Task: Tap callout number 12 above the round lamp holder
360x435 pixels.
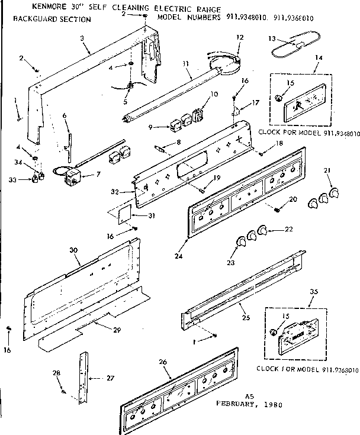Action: [x=239, y=37]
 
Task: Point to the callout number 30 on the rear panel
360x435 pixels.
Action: [x=74, y=250]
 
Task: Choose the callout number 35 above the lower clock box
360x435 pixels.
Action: [x=313, y=292]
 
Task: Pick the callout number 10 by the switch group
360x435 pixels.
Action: [x=214, y=94]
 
